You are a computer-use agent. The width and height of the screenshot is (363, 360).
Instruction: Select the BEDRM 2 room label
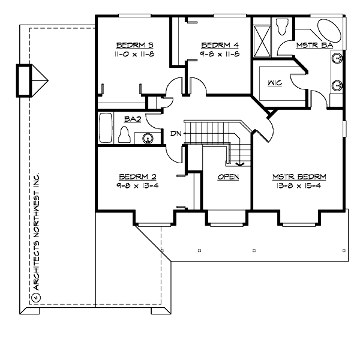[x=137, y=176]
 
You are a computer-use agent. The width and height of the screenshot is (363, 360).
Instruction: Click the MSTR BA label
[x=311, y=45]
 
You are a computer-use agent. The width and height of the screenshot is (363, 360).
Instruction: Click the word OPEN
[x=228, y=176]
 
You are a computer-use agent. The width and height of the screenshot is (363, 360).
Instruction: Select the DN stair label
[x=176, y=133]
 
